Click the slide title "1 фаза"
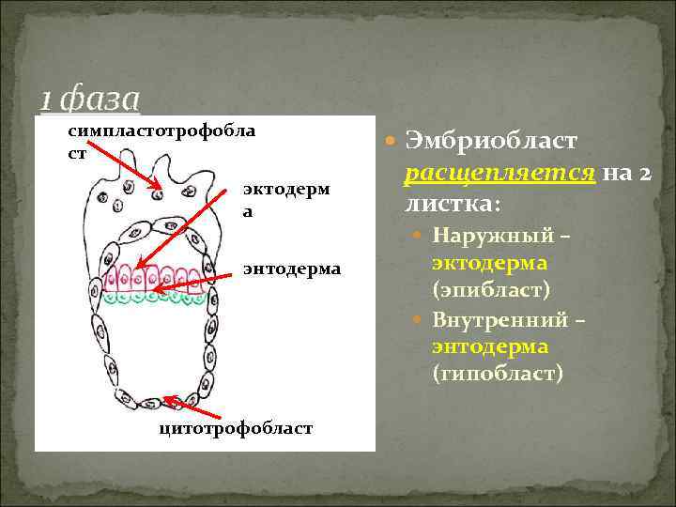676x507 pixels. pyautogui.click(x=90, y=99)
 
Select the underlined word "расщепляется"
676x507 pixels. pyautogui.click(x=499, y=173)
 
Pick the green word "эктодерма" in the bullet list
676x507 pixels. pyautogui.click(x=490, y=264)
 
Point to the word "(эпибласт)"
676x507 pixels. pyautogui.click(x=491, y=291)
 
